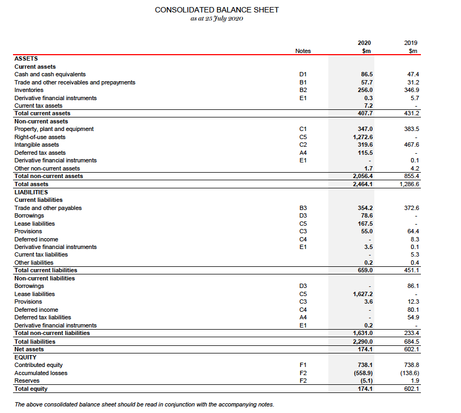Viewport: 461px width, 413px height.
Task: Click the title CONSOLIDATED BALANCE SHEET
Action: [217, 10]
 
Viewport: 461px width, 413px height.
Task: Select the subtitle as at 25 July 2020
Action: [217, 19]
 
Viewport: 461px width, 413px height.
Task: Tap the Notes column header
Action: [303, 51]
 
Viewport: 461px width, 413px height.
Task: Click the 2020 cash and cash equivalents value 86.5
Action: [366, 74]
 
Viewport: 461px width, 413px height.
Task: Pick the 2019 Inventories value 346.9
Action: [412, 90]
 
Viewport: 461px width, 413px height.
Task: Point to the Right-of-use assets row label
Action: [36, 137]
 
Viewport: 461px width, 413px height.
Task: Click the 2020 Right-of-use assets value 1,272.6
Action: [363, 137]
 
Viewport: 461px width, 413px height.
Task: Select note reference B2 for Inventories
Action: [303, 90]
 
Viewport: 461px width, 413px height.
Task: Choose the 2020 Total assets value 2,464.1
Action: [362, 184]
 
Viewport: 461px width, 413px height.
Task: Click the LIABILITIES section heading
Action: [31, 192]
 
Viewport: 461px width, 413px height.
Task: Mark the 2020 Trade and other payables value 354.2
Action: [365, 208]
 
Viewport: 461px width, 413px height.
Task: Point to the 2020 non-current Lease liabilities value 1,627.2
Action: [362, 294]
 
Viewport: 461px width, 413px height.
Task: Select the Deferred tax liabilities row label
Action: [42, 317]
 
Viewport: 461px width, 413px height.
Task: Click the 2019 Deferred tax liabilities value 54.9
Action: [413, 317]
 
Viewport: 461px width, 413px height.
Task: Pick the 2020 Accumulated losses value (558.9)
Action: [363, 373]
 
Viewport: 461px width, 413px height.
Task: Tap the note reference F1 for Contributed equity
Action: [303, 365]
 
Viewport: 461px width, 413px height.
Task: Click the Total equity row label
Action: [31, 389]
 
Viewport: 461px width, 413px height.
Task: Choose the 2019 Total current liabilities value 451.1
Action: [412, 270]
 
